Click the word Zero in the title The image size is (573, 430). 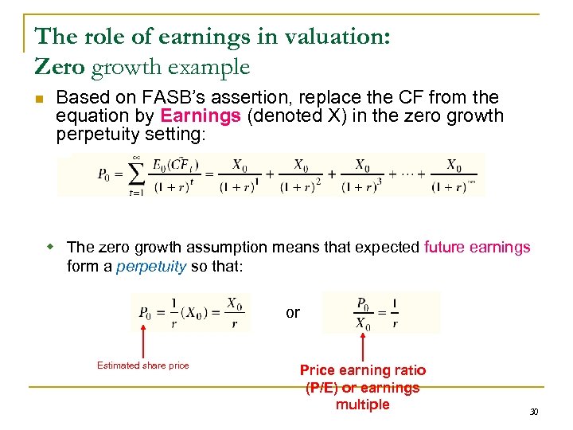point(60,67)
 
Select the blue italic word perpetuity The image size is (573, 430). point(150,266)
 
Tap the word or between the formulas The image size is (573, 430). point(293,312)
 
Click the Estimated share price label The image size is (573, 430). point(143,365)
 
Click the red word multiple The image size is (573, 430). point(363,405)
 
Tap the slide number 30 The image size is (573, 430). point(534,412)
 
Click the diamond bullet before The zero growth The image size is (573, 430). point(49,247)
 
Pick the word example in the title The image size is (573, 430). point(211,67)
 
